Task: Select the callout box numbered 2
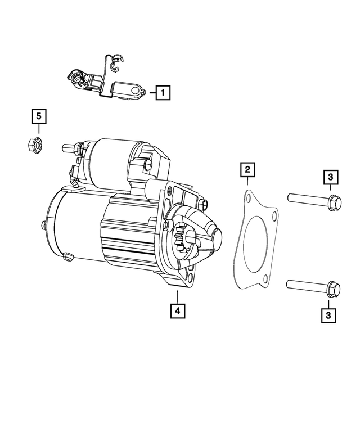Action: point(246,169)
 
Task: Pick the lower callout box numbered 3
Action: point(328,316)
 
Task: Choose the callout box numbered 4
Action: point(177,310)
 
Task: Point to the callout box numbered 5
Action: point(39,116)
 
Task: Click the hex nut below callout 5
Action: point(34,145)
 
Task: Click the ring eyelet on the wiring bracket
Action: point(139,90)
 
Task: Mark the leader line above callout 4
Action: point(177,296)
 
